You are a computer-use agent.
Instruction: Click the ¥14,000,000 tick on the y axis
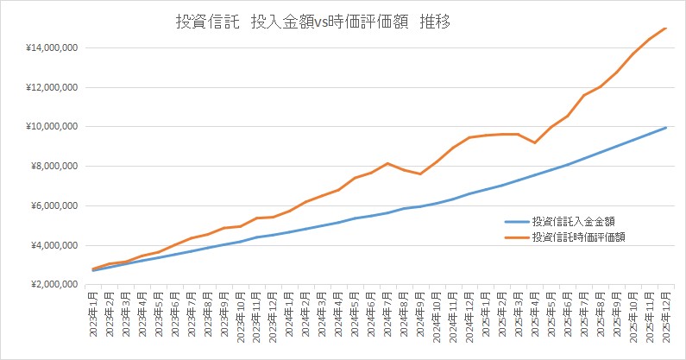point(53,47)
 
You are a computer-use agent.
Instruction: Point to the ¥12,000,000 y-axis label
point(53,87)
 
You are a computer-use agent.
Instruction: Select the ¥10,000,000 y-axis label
point(53,127)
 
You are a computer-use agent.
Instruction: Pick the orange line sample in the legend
point(516,237)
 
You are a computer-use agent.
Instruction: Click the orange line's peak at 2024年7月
point(387,163)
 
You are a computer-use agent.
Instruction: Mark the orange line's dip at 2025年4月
point(535,142)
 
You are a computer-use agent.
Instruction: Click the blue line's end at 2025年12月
point(666,128)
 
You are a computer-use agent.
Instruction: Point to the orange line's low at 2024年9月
point(420,174)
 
